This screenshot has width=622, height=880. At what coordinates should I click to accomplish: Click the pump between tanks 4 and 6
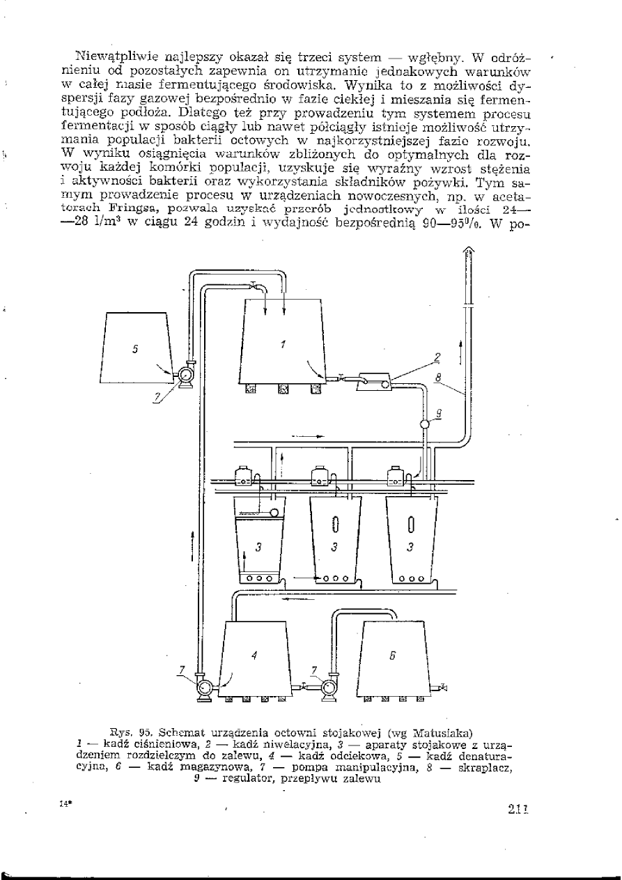pos(326,686)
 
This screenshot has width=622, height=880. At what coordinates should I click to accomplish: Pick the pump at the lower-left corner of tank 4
pos(206,687)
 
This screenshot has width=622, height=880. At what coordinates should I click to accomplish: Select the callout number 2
pos(437,357)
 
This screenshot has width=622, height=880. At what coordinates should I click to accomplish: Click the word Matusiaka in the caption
pos(444,732)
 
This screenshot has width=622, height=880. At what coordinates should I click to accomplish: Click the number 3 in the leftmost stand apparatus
pos(258,548)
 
